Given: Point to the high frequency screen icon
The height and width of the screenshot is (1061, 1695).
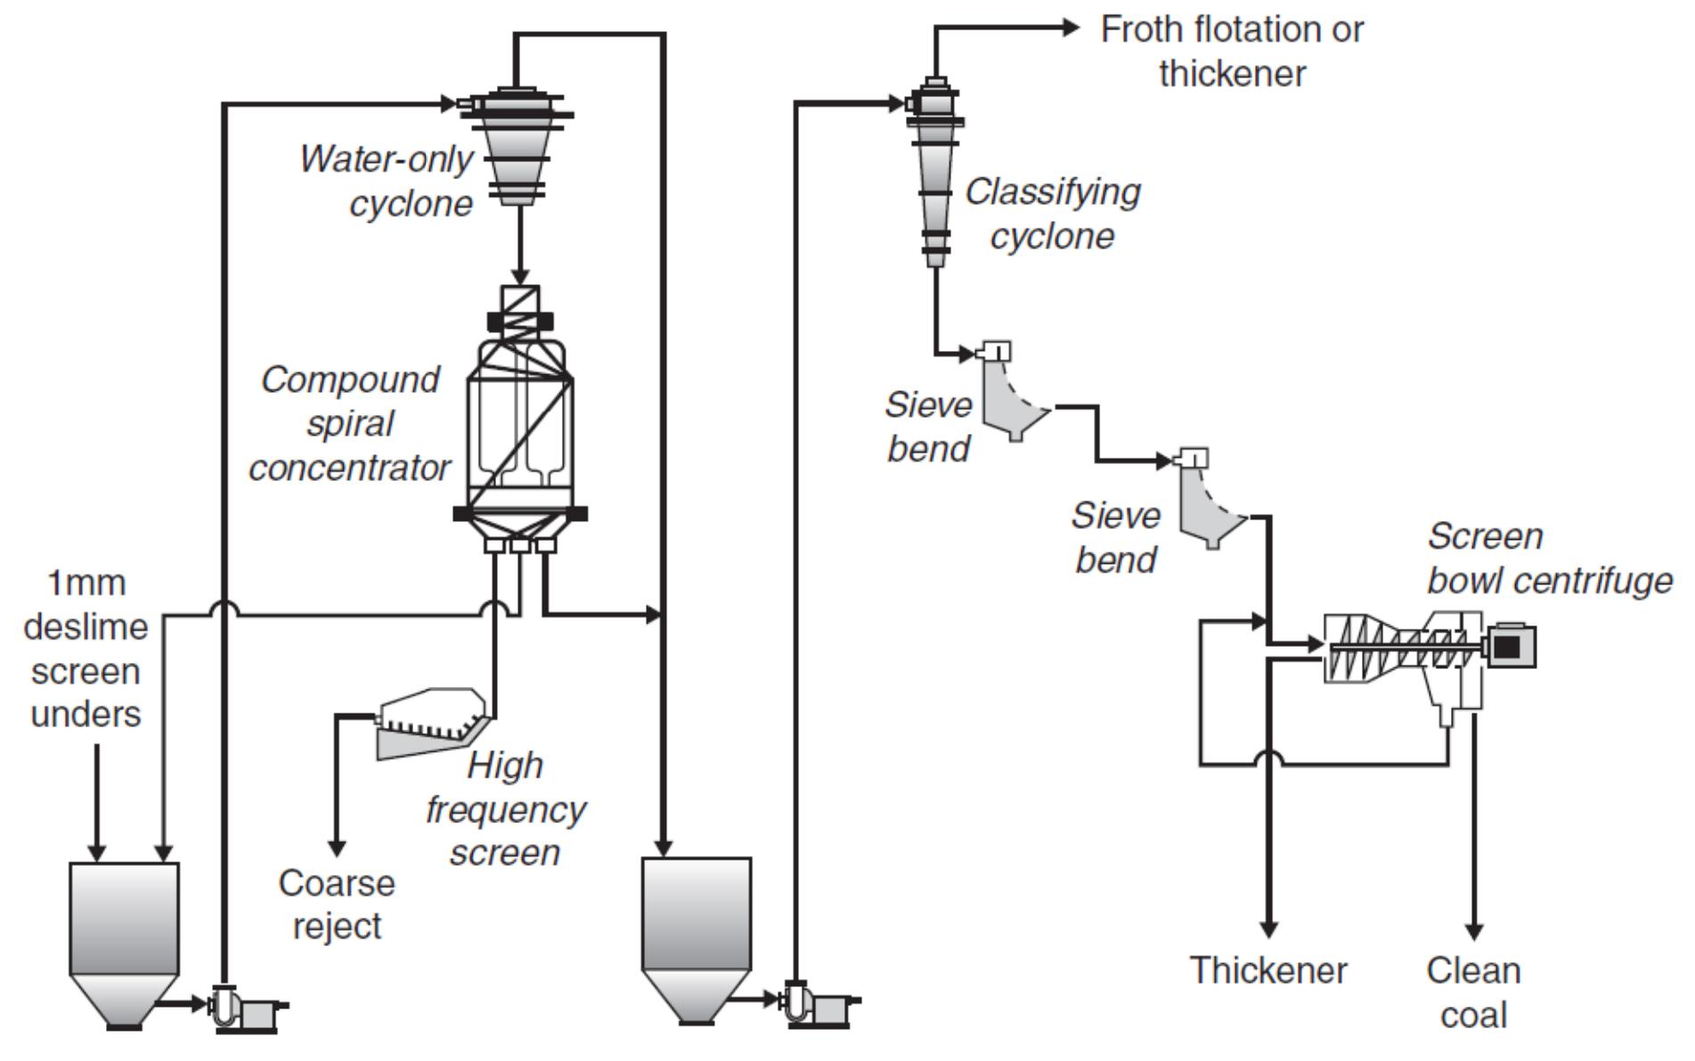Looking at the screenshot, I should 432,722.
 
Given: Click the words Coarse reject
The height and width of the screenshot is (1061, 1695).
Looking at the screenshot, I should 337,904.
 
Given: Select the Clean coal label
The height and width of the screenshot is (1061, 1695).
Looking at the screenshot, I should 1472,992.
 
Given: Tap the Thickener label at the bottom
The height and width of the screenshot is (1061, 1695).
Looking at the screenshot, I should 1268,970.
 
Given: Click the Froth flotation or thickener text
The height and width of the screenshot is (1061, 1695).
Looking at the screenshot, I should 1232,51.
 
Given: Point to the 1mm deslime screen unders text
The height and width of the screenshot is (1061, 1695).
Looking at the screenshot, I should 86,649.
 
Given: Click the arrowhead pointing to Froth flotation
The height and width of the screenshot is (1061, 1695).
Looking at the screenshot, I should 1071,28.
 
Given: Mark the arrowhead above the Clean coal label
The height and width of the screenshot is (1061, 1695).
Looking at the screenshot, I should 1474,932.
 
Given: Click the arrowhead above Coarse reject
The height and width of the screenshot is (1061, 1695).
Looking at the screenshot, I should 337,847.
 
